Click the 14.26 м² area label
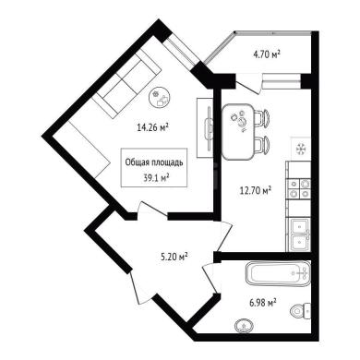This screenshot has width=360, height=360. pyautogui.click(x=153, y=127)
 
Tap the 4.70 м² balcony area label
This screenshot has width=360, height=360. pyautogui.click(x=267, y=55)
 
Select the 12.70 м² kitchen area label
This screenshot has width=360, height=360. pyautogui.click(x=256, y=191)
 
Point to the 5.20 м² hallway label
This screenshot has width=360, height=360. pyautogui.click(x=174, y=257)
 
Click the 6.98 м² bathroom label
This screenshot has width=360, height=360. pyautogui.click(x=262, y=303)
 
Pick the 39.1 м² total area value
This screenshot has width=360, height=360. pyautogui.click(x=157, y=177)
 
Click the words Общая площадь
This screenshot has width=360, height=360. pyautogui.click(x=154, y=162)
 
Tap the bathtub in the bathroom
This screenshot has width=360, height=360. pyautogui.click(x=278, y=274)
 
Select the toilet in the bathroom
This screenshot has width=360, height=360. pyautogui.click(x=301, y=311)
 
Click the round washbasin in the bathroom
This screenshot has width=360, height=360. pyautogui.click(x=244, y=326)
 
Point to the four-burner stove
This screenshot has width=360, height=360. pyautogui.click(x=299, y=189)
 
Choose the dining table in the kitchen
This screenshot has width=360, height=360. pyautogui.click(x=238, y=132)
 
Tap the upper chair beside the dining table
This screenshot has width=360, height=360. pyautogui.click(x=262, y=118)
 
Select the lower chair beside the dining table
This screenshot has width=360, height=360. pyautogui.click(x=262, y=145)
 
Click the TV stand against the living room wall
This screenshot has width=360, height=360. pyautogui.click(x=205, y=127)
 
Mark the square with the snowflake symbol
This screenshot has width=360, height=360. pyautogui.click(x=300, y=150)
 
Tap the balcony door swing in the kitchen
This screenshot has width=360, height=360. pyautogui.click(x=247, y=83)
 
